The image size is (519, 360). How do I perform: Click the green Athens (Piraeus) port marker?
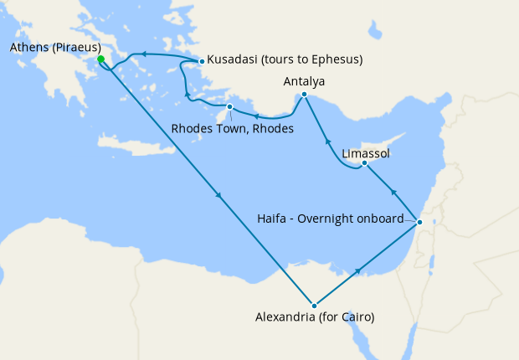(100, 59)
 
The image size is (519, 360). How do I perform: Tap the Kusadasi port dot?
(202, 61)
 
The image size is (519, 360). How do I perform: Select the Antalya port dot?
(304, 95)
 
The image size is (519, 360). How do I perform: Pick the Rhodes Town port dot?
(229, 106)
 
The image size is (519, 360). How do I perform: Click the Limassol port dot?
(364, 163)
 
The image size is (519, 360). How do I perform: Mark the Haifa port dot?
(419, 222)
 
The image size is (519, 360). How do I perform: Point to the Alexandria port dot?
(314, 306)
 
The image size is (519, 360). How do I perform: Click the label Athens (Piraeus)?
(55, 47)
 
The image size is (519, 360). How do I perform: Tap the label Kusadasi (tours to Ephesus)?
(285, 60)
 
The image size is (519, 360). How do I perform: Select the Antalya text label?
(304, 81)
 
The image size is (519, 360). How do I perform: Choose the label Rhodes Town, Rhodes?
(232, 129)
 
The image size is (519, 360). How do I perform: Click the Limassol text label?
(366, 154)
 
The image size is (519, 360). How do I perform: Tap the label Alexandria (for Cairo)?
(314, 318)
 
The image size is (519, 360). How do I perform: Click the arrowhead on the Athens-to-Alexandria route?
(218, 196)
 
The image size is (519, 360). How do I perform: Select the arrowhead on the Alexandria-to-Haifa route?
(358, 271)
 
